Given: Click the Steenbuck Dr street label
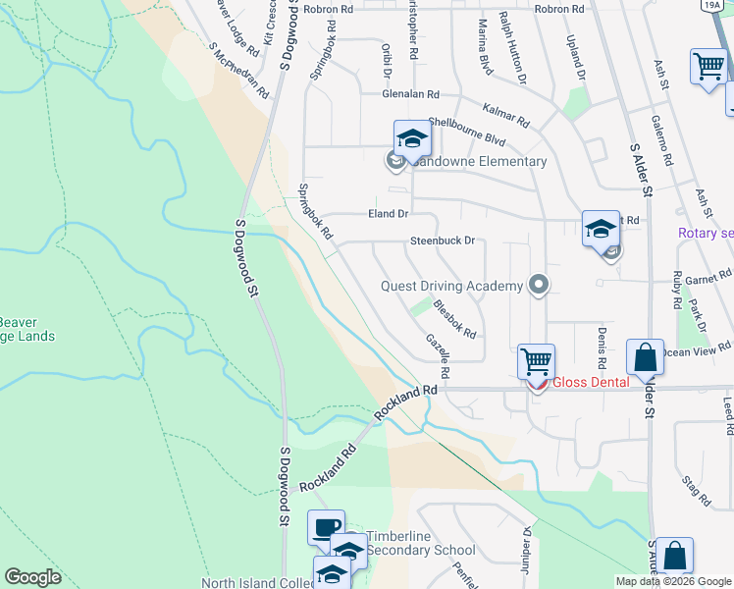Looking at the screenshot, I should pyautogui.click(x=443, y=241).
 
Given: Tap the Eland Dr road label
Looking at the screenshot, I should pyautogui.click(x=388, y=214).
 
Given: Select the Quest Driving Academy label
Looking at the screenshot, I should pyautogui.click(x=452, y=286).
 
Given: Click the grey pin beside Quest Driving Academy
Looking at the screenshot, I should pyautogui.click(x=538, y=286).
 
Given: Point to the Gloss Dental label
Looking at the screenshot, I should pyautogui.click(x=590, y=382).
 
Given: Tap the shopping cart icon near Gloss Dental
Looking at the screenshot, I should pyautogui.click(x=536, y=361).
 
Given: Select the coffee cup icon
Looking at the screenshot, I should pyautogui.click(x=326, y=528).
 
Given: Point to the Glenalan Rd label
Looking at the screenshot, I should pyautogui.click(x=411, y=94).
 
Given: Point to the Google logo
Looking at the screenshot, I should pyautogui.click(x=32, y=577).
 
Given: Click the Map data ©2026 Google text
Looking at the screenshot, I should pyautogui.click(x=673, y=581).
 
